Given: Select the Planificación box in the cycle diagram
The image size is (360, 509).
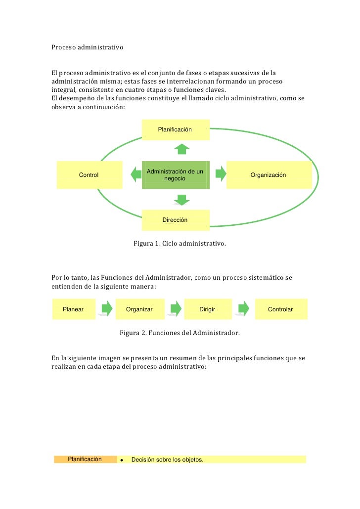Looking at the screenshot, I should (x=176, y=129).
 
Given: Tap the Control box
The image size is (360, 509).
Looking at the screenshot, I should (x=90, y=175).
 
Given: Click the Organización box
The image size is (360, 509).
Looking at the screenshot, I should (x=269, y=175).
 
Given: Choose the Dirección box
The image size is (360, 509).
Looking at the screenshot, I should (x=176, y=220).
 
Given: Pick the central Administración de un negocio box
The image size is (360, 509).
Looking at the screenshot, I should (x=176, y=174).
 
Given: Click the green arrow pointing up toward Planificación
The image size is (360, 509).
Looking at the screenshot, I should (x=182, y=148).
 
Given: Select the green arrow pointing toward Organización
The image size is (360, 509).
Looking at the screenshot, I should (x=221, y=173).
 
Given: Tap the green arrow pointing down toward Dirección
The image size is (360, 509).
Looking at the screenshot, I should (x=182, y=200).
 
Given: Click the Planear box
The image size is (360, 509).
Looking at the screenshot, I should (x=74, y=309).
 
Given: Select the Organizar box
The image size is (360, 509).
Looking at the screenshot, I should (x=139, y=309).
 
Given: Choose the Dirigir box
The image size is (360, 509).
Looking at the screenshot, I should (x=207, y=309).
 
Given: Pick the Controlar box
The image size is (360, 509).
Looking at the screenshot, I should (x=280, y=309).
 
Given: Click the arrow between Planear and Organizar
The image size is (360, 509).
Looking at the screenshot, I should (x=105, y=309).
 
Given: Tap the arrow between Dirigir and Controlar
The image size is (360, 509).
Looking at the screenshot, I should (x=243, y=309).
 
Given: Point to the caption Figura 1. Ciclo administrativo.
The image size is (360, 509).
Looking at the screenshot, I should (x=180, y=244).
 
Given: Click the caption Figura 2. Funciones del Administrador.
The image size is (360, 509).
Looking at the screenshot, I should (x=180, y=333).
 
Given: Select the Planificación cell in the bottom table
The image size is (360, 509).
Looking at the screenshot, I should (x=85, y=459).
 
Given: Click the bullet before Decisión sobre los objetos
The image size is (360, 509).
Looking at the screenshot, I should (x=122, y=460).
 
